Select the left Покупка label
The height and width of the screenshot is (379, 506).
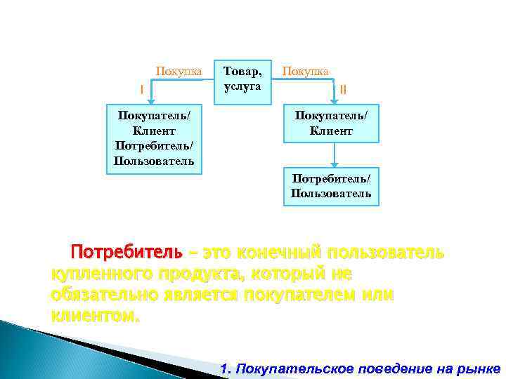179,71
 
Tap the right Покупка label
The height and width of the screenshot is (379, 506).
305,71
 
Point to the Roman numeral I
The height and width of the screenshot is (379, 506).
142,89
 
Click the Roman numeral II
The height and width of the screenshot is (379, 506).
344,89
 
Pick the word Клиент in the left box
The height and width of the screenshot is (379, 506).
153,131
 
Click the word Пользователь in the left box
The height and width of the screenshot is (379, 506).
153,162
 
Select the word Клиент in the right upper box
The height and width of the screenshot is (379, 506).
330,131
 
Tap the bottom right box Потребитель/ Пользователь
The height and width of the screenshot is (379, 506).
331,186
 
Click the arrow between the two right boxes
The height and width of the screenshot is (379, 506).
335,154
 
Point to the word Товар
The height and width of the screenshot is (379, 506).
242,70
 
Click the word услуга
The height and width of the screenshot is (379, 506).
242,86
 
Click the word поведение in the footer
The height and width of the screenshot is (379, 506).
392,368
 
